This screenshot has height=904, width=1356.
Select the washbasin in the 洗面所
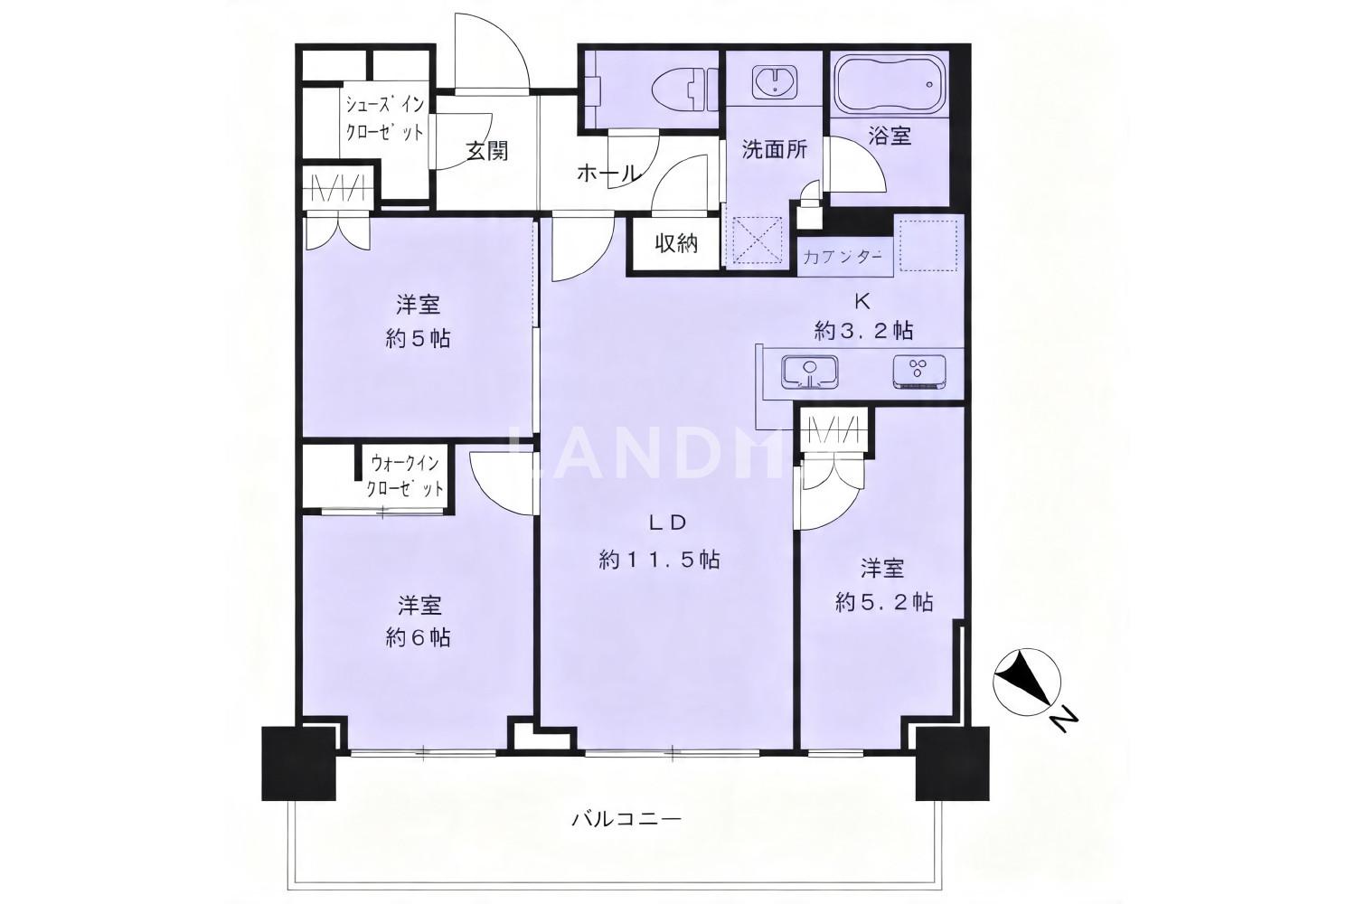click(774, 81)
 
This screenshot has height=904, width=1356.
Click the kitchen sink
click(809, 372)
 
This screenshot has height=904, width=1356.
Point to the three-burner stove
click(919, 372)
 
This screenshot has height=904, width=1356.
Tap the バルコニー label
click(626, 820)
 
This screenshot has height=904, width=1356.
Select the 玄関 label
click(486, 151)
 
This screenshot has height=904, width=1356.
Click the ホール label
click(608, 174)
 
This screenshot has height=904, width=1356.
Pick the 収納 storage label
click(676, 243)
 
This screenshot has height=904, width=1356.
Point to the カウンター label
click(842, 258)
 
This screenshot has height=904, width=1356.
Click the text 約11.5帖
click(659, 560)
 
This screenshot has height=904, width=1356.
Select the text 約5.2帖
click(884, 602)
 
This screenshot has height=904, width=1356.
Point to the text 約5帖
click(419, 338)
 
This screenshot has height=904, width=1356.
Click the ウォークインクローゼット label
click(404, 477)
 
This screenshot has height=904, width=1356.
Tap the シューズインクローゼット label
click(384, 118)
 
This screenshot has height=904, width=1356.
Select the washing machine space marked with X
click(758, 240)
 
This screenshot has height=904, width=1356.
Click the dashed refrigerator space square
click(928, 245)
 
